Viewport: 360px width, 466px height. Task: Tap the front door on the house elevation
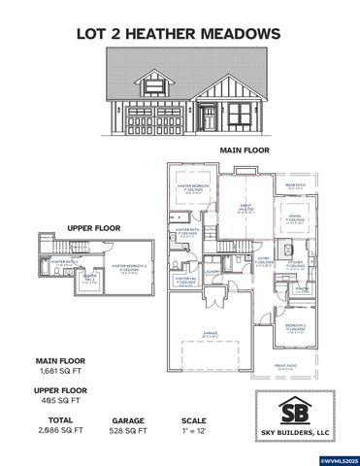click(x=207, y=118)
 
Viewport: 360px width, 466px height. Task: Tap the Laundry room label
click(x=303, y=287)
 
